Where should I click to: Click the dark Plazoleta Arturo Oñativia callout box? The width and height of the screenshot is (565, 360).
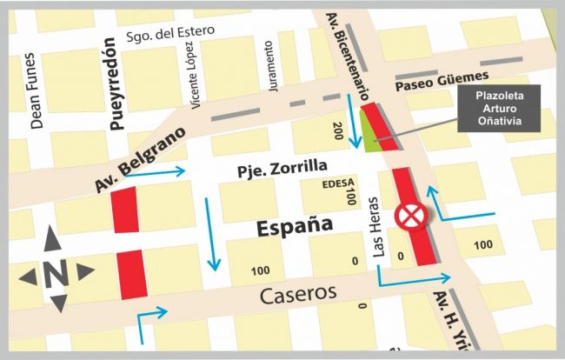tap(508, 108)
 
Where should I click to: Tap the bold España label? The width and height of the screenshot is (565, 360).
tap(296, 225)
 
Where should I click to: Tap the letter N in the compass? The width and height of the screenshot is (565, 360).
tap(56, 272)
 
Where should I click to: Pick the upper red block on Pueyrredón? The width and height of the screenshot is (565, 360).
tap(125, 210)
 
